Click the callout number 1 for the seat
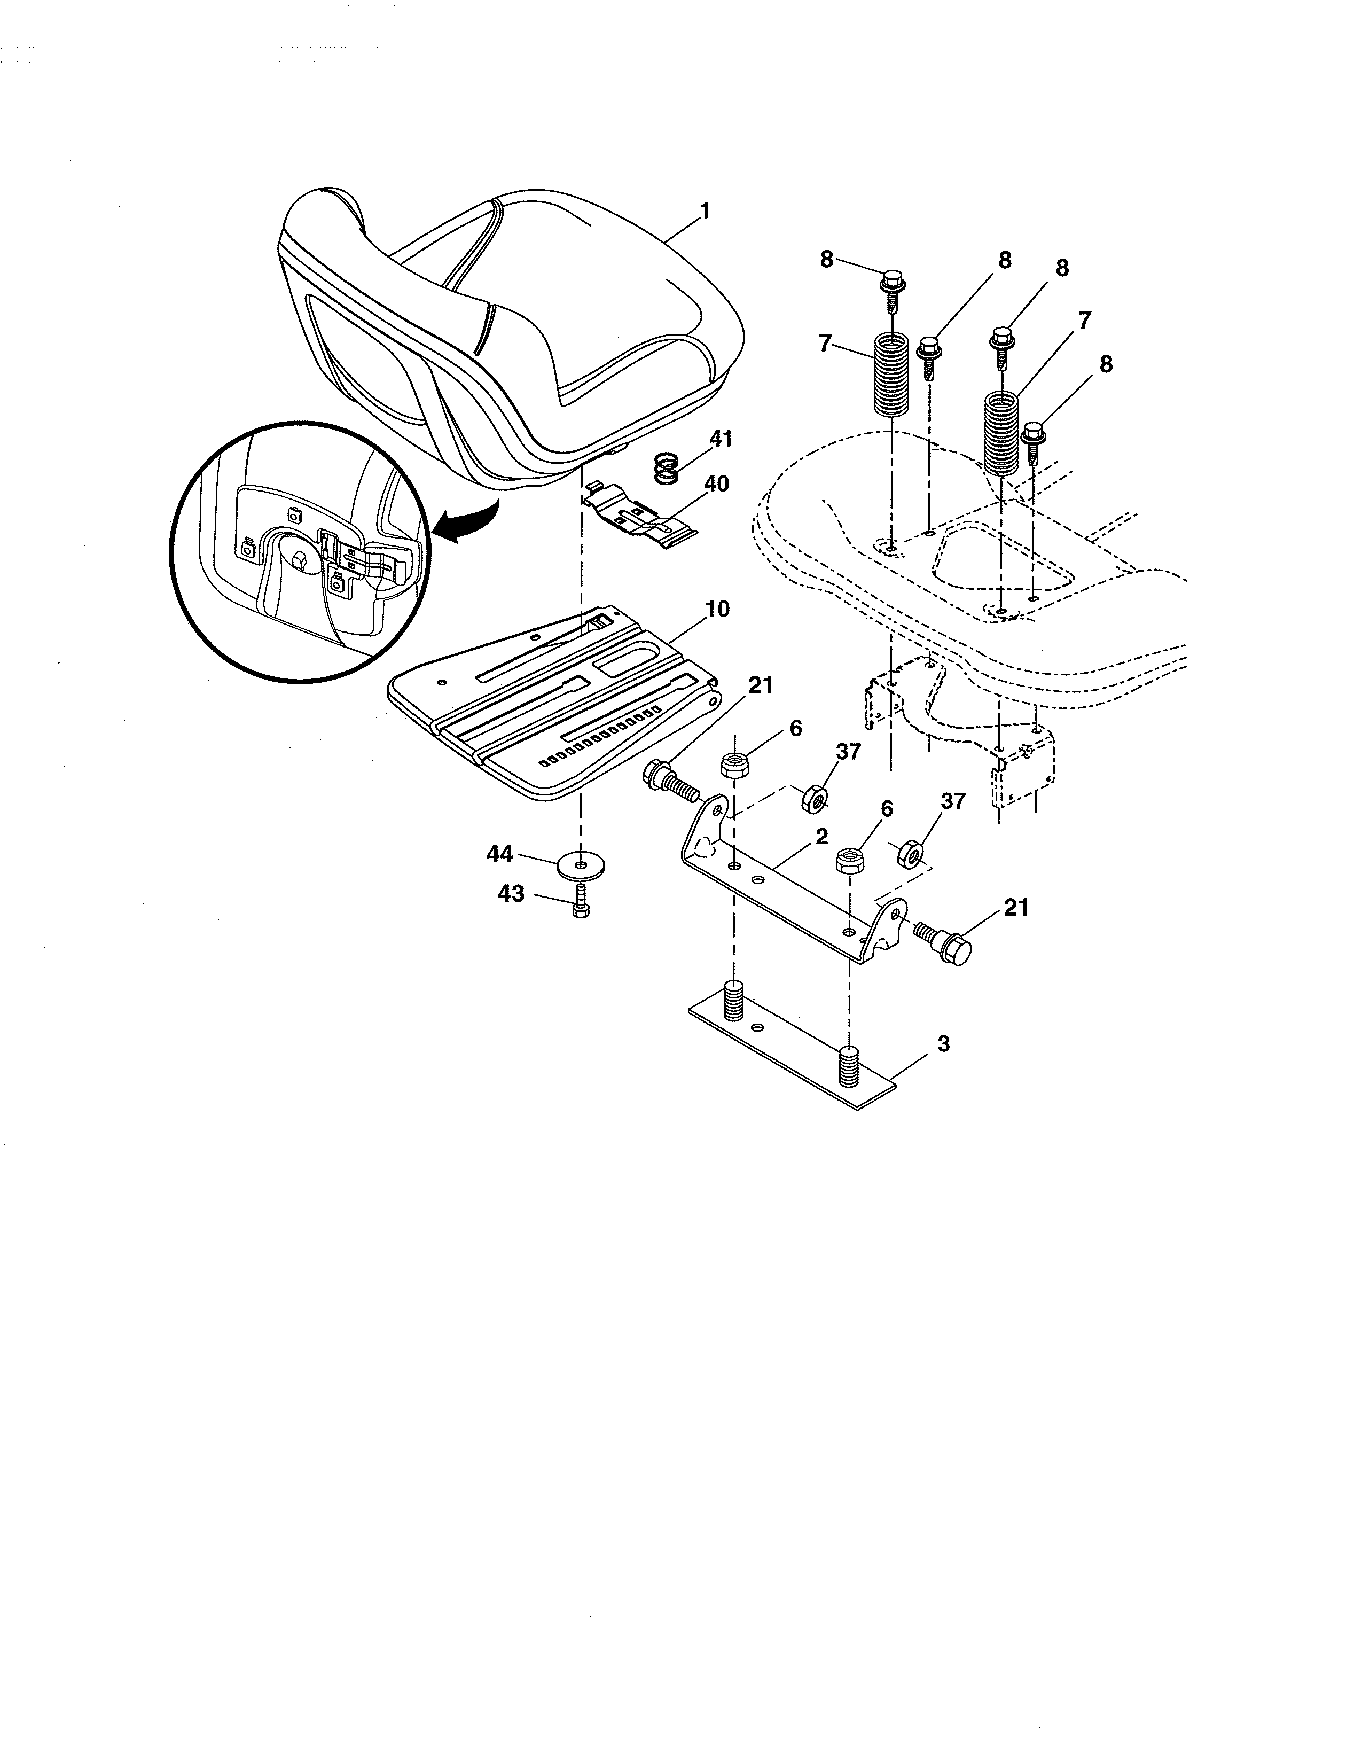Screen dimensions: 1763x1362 tap(705, 212)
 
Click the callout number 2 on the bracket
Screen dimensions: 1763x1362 tap(821, 837)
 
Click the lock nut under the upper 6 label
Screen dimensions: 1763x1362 tap(733, 762)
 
